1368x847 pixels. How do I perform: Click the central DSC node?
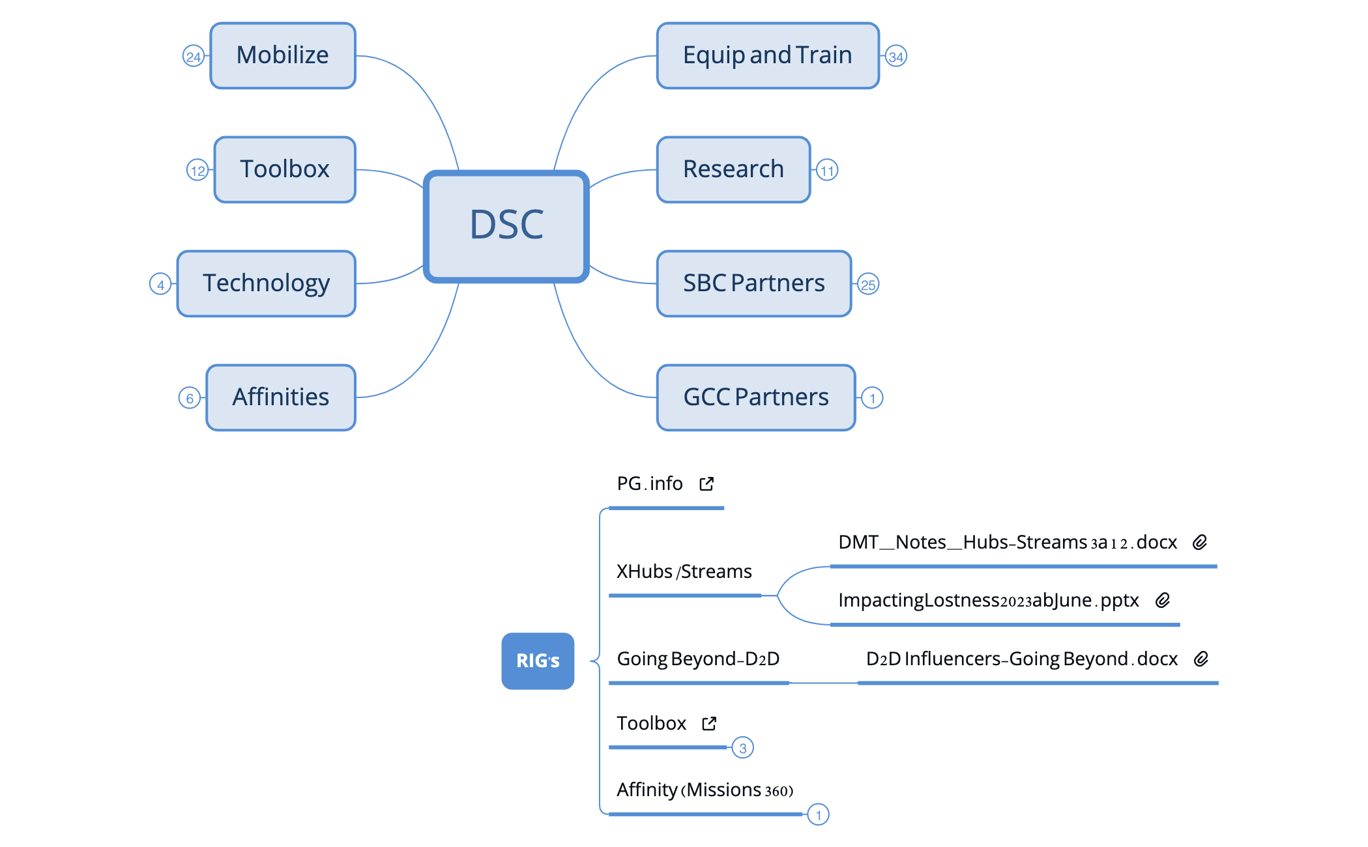click(x=506, y=226)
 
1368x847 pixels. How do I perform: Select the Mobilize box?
click(x=283, y=56)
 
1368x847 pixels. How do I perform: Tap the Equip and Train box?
click(x=768, y=56)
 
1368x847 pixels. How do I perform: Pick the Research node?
click(x=733, y=169)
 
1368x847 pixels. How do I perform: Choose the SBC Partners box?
click(x=754, y=283)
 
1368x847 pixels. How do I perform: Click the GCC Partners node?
click(x=756, y=397)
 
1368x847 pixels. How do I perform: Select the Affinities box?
click(x=281, y=397)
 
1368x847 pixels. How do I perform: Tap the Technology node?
click(x=267, y=283)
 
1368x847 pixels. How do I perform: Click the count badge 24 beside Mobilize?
click(x=194, y=57)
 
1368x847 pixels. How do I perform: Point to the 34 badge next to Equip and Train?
click(x=896, y=57)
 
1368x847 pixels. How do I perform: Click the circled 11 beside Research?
click(x=827, y=171)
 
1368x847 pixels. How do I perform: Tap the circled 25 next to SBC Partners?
click(x=868, y=285)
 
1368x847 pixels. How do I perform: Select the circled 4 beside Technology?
click(x=160, y=285)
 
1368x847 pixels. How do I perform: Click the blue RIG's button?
click(x=538, y=661)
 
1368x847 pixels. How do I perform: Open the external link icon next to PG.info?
click(x=706, y=483)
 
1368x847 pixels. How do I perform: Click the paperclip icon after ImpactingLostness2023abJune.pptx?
click(x=1163, y=600)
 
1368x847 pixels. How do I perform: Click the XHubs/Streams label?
click(x=684, y=571)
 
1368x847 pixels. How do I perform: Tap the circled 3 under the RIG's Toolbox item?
click(x=743, y=748)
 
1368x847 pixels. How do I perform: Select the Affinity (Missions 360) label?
click(x=705, y=790)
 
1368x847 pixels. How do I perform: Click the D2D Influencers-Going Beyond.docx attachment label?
click(x=1022, y=659)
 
